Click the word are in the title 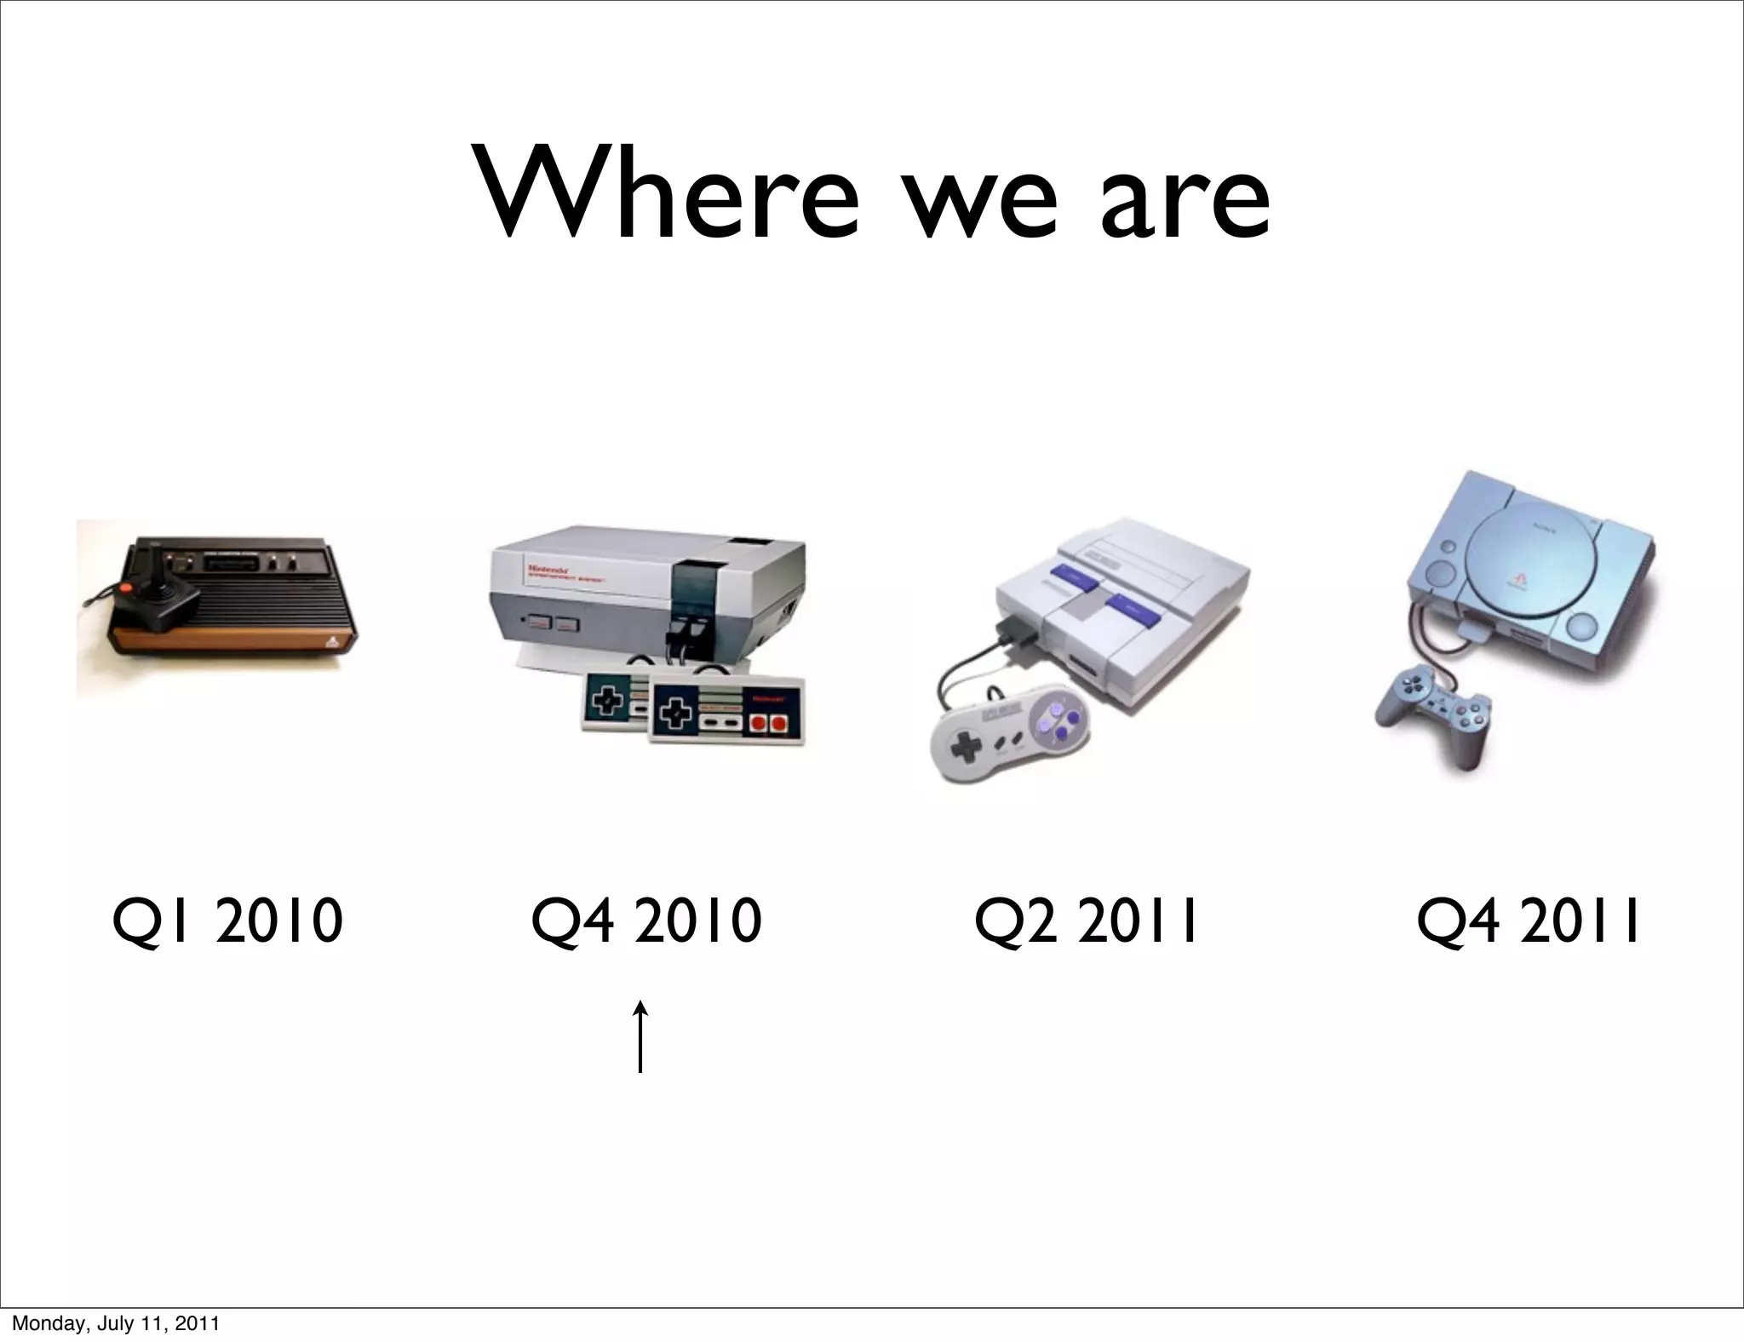coord(1185,204)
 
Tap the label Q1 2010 coord(228,921)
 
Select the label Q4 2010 coord(645,921)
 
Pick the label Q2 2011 coord(1087,921)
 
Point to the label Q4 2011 coord(1529,921)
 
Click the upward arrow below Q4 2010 coord(640,1036)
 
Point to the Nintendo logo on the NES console coord(545,567)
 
